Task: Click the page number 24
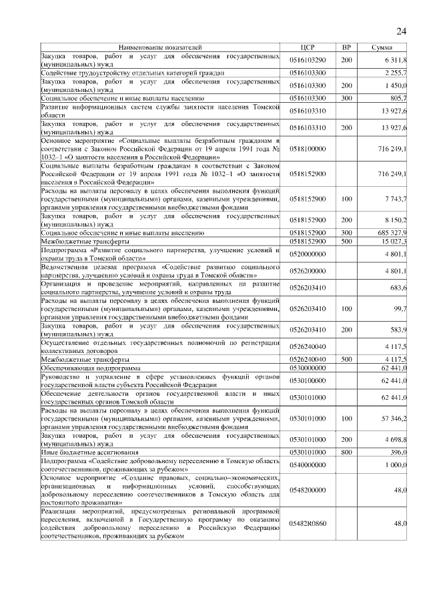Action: coord(402,31)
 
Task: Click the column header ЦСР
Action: coord(307,48)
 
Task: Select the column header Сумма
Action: coord(382,48)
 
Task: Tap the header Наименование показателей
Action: coord(159,48)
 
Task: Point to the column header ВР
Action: coord(346,48)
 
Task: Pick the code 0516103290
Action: coord(307,60)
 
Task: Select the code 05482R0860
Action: coord(307,524)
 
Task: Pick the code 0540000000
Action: coord(307,464)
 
